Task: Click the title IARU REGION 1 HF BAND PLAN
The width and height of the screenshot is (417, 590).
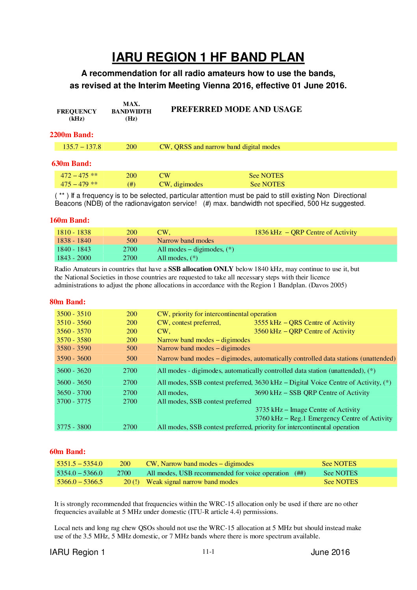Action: point(208,58)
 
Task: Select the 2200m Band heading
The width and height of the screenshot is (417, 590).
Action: point(71,135)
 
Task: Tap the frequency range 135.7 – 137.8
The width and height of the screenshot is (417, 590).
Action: point(82,147)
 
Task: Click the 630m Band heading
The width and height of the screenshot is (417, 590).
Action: point(71,164)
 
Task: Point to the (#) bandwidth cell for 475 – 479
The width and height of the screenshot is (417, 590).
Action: point(131,184)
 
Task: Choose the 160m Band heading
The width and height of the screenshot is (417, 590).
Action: point(69,220)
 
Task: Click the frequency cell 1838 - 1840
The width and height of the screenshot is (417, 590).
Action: point(74,241)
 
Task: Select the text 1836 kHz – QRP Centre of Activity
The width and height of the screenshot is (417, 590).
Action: point(305,233)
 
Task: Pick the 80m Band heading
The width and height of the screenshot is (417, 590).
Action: point(67,302)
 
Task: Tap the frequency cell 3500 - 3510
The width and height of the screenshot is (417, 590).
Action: point(74,314)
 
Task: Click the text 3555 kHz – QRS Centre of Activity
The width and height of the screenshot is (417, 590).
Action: point(304,323)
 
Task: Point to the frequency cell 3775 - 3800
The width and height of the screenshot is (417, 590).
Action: point(74,427)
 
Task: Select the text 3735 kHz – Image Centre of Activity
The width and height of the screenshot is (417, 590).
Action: point(307,410)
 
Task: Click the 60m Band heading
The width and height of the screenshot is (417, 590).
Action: point(67,452)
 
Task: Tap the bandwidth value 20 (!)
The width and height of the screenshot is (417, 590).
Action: point(131,482)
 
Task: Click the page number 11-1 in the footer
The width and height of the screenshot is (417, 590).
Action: point(208,552)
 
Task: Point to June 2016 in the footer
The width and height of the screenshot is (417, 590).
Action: point(330,552)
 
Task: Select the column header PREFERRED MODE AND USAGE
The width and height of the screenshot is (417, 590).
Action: point(236,110)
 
